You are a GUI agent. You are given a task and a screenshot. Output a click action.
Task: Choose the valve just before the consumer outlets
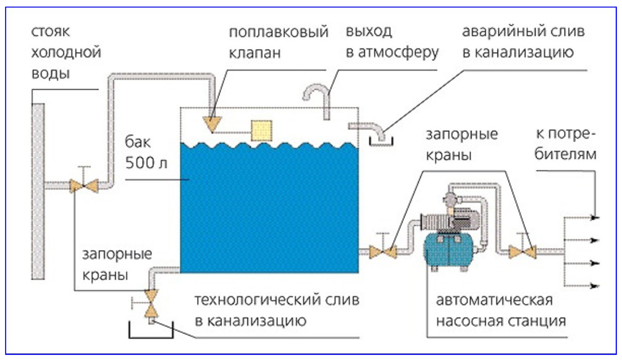coord(524,252)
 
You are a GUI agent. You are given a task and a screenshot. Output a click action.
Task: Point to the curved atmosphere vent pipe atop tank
coord(317,95)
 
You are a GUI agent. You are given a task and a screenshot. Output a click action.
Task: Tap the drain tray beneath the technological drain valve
coord(146,330)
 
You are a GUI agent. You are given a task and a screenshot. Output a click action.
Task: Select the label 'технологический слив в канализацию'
coord(267,311)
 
